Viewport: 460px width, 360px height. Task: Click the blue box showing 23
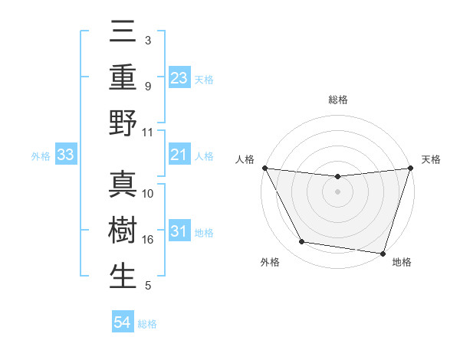coord(179,78)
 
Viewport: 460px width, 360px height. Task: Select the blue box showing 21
coord(179,155)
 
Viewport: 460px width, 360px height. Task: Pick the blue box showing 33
coord(66,155)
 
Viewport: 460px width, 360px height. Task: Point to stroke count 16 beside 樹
coord(148,240)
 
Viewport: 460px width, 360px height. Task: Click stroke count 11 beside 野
coord(148,132)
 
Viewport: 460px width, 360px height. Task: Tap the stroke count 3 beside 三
coord(147,40)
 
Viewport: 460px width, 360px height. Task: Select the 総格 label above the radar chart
coord(337,100)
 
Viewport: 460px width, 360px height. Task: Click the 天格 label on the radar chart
coord(431,159)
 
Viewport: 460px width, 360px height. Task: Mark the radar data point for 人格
coord(264,168)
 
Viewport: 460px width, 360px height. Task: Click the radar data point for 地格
coord(383,253)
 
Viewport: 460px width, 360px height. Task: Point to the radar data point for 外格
coord(302,242)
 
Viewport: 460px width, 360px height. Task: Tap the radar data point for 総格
coord(337,178)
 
